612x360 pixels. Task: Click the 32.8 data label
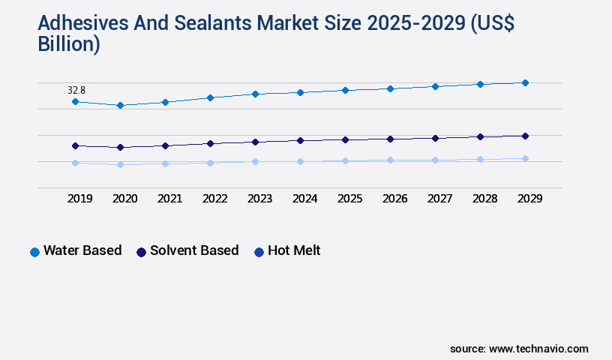pyautogui.click(x=76, y=90)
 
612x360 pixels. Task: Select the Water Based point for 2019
pyautogui.click(x=75, y=101)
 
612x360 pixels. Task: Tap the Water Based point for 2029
pyautogui.click(x=525, y=82)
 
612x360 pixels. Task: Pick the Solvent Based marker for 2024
pyautogui.click(x=300, y=140)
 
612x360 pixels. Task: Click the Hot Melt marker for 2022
pyautogui.click(x=210, y=163)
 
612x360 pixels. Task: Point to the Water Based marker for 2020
pyautogui.click(x=120, y=106)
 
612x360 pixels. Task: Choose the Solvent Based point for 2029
pyautogui.click(x=525, y=136)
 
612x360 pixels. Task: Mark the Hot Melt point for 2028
pyautogui.click(x=480, y=159)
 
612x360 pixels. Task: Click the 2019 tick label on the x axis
pyautogui.click(x=80, y=199)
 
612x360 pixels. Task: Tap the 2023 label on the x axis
pyautogui.click(x=260, y=199)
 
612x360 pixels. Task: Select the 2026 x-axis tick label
pyautogui.click(x=395, y=199)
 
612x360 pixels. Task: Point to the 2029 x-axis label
pyautogui.click(x=529, y=199)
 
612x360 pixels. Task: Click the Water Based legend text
pyautogui.click(x=82, y=250)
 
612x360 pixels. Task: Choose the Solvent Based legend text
pyautogui.click(x=194, y=250)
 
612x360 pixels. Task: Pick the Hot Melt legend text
pyautogui.click(x=294, y=250)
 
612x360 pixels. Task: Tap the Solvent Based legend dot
pyautogui.click(x=141, y=252)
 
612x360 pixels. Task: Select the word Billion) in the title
pyautogui.click(x=68, y=43)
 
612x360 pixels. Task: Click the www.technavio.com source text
pyautogui.click(x=538, y=349)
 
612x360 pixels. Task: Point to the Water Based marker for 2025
pyautogui.click(x=345, y=90)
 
